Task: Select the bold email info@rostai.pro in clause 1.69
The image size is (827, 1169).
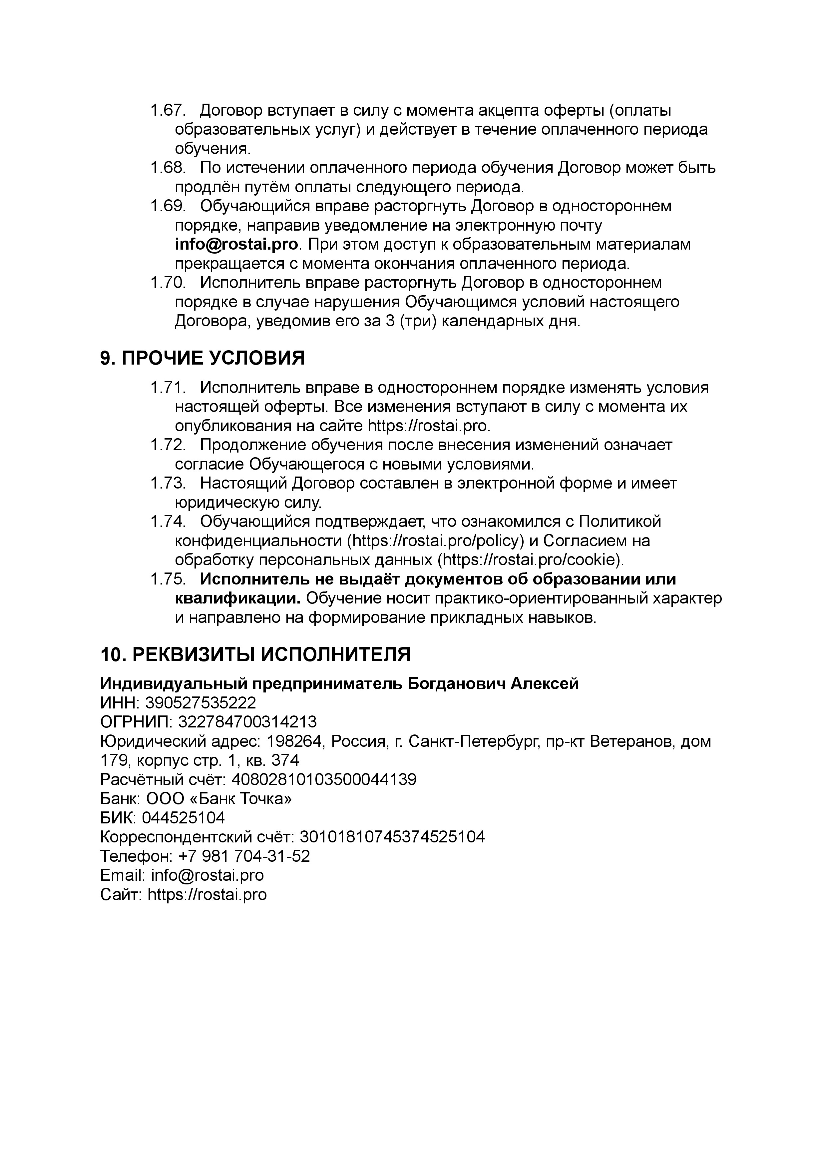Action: pyautogui.click(x=236, y=245)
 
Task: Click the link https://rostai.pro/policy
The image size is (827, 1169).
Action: pyautogui.click(x=435, y=541)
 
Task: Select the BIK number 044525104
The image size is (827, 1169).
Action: pyautogui.click(x=183, y=818)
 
